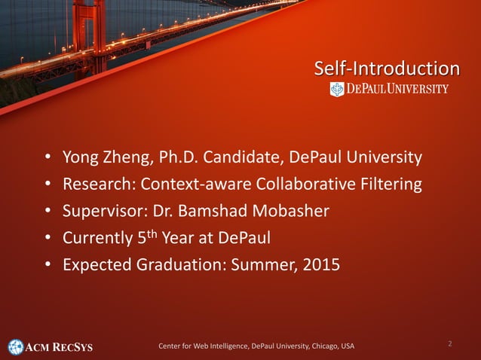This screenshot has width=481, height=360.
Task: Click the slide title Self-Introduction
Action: click(x=387, y=69)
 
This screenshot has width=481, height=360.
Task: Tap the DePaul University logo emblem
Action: click(x=336, y=90)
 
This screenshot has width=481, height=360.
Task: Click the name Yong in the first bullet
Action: click(x=81, y=158)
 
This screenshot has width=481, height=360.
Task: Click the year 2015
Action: click(x=320, y=264)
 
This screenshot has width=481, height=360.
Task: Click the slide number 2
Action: click(x=450, y=343)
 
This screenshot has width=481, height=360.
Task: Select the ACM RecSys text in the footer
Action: click(x=60, y=347)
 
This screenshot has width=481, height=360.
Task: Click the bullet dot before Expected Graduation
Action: click(x=47, y=265)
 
